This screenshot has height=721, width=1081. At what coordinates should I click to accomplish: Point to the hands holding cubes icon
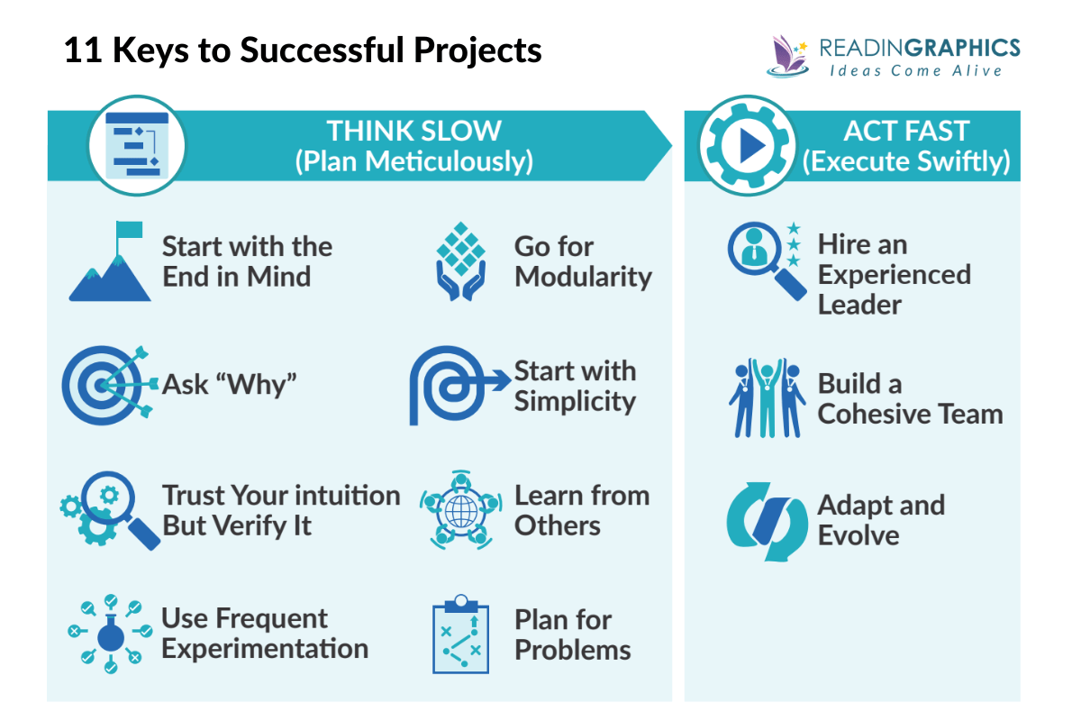coord(461,261)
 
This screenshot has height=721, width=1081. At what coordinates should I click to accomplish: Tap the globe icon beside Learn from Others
coord(460,511)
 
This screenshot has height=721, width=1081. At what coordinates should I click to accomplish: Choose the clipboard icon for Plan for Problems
coord(460,634)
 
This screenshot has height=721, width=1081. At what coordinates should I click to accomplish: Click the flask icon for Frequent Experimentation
coord(110,634)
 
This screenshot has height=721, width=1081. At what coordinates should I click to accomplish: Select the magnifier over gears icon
coord(110,509)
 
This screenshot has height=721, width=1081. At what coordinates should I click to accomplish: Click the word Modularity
coord(583,277)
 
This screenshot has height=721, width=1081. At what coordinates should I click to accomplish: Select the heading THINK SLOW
coord(413,131)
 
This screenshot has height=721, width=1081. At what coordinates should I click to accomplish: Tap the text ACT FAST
coord(906,131)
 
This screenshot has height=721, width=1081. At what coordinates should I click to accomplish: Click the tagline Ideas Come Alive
coord(915,71)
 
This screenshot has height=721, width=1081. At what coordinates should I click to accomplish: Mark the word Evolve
coord(858,535)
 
